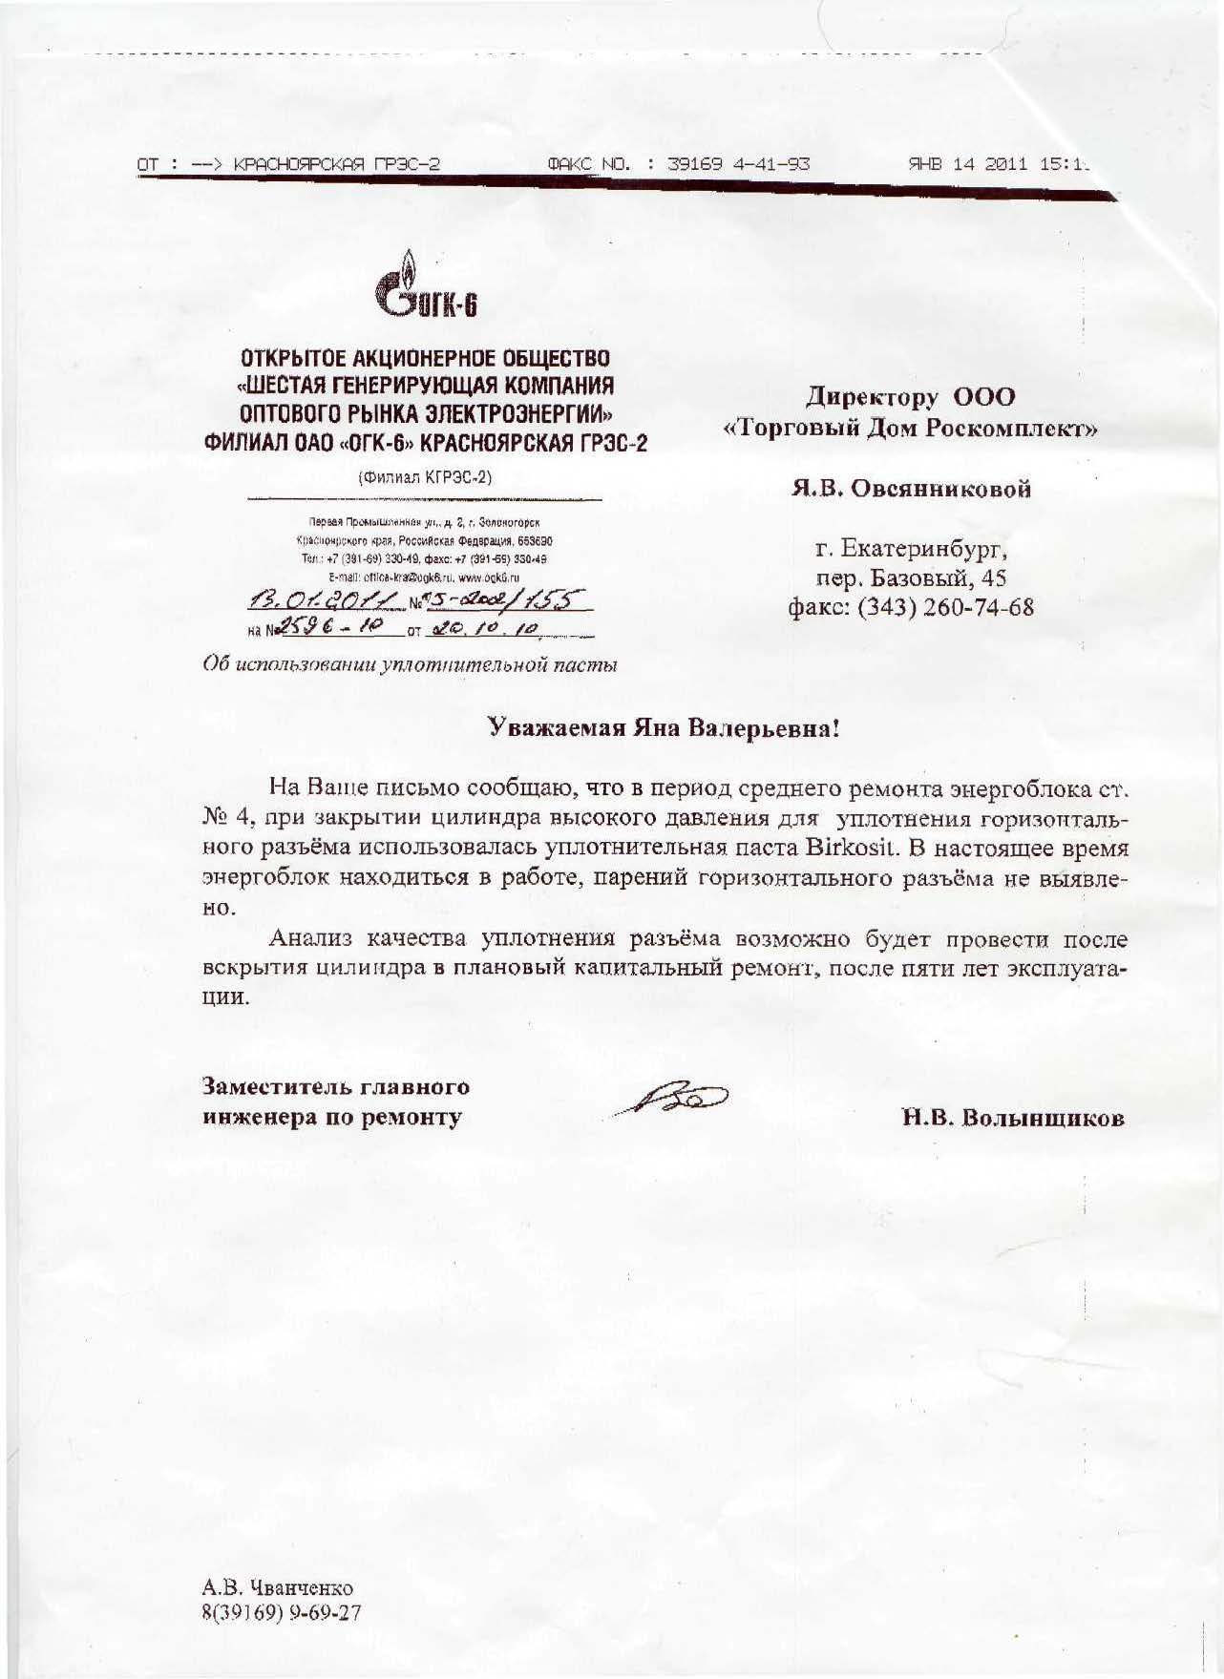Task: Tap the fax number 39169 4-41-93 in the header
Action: (738, 163)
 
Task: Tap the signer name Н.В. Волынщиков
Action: (1013, 1118)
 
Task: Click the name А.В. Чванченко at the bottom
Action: (277, 1588)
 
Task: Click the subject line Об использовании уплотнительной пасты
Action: (411, 665)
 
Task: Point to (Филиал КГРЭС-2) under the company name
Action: (425, 477)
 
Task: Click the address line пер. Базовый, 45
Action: (911, 578)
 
